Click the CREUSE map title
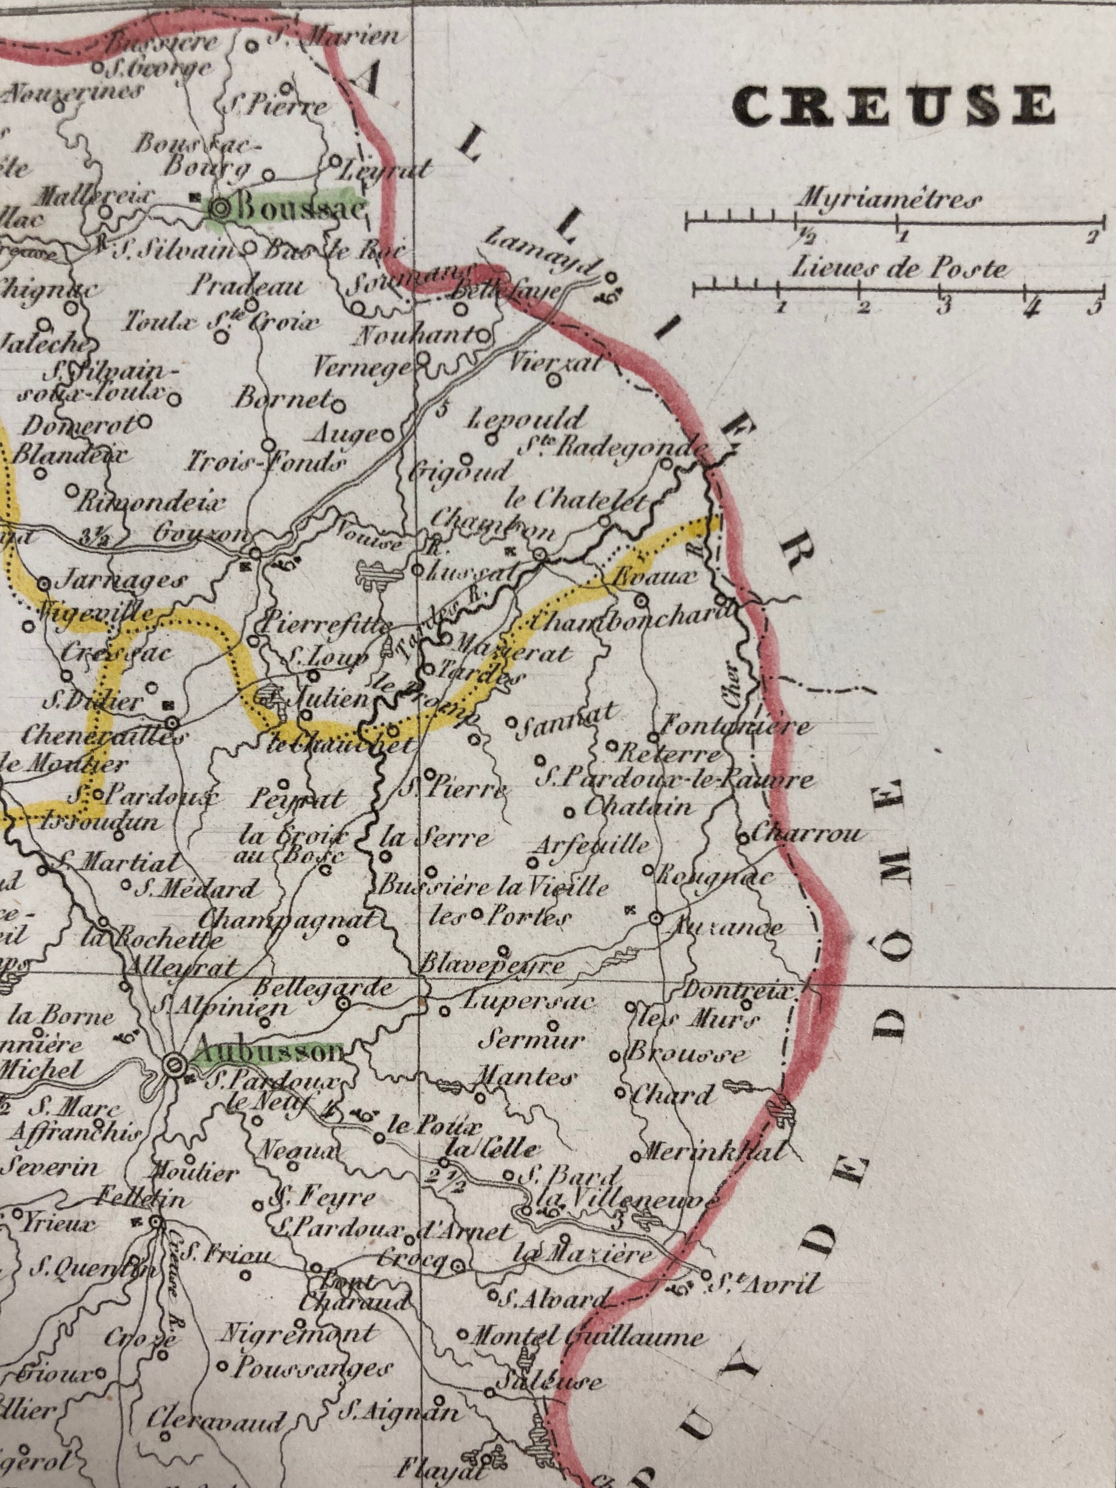tap(893, 104)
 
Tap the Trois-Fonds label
tap(267, 463)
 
